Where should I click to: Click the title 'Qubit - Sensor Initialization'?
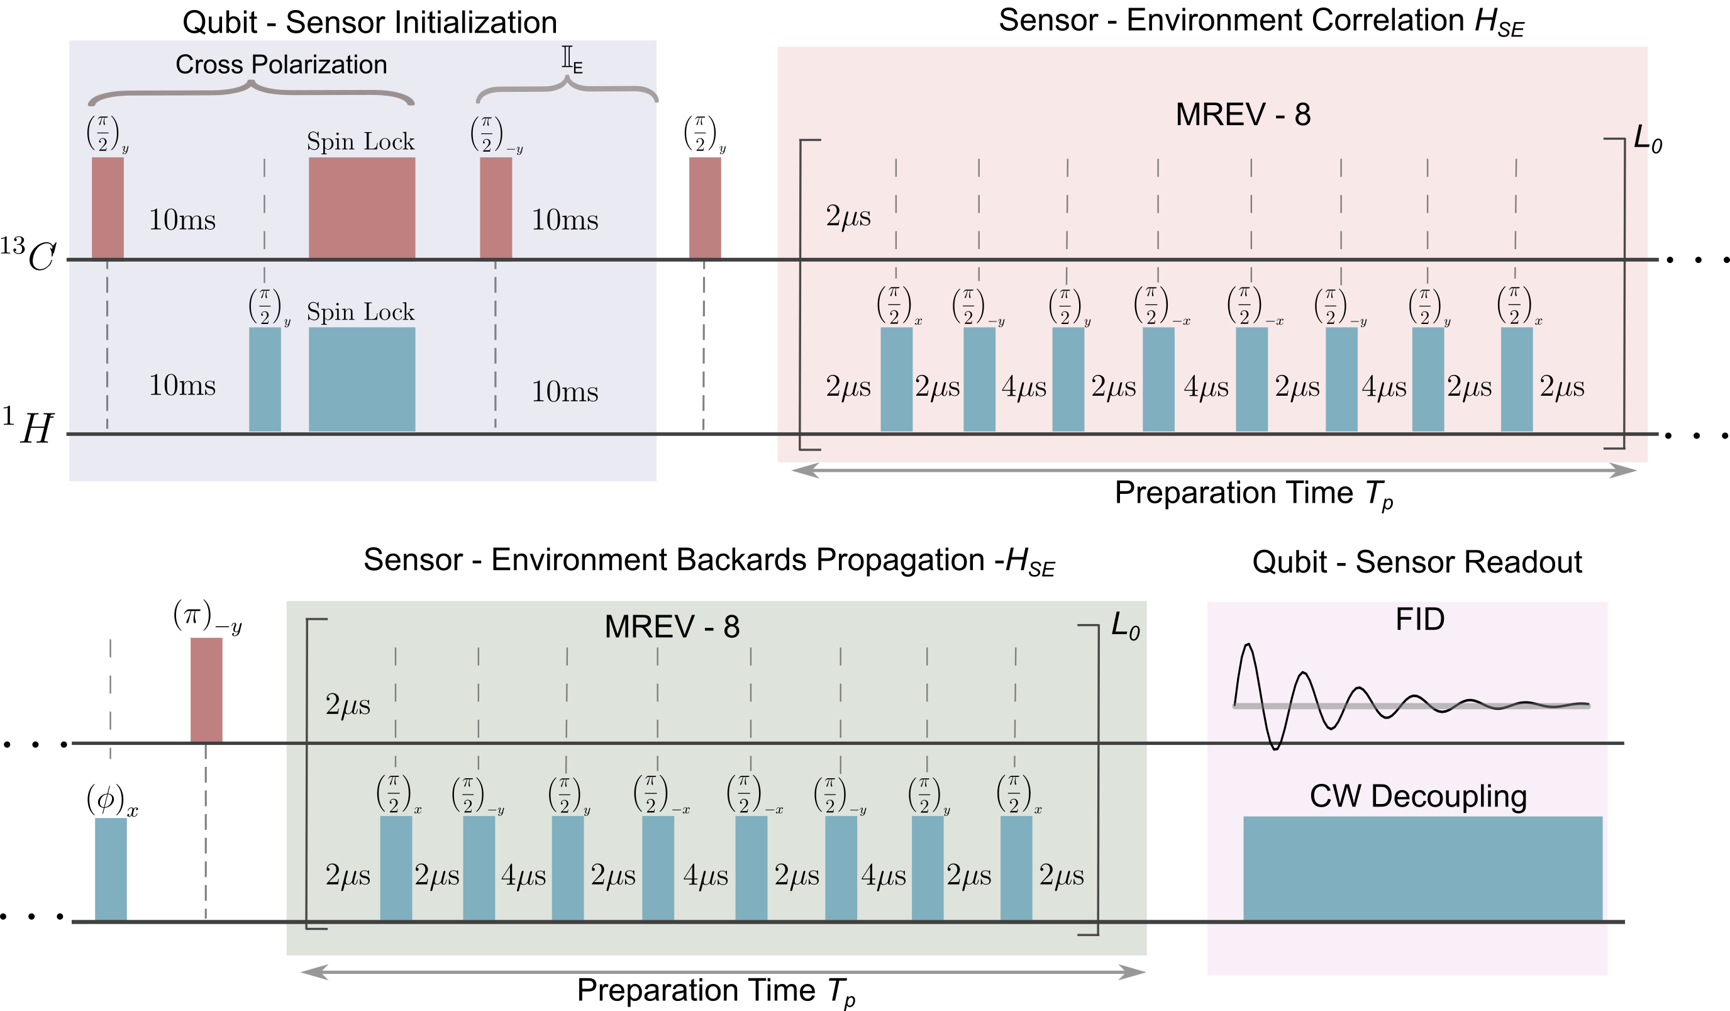(369, 23)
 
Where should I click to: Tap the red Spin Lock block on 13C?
(362, 208)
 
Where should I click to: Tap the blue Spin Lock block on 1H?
(362, 379)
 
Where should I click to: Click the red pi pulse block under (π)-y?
(206, 690)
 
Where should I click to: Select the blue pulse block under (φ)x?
(111, 868)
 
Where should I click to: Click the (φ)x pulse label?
(112, 800)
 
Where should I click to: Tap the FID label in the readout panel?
(1420, 620)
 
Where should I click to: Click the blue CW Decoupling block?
(1422, 868)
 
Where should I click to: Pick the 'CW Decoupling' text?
(1417, 796)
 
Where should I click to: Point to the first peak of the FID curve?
(1248, 645)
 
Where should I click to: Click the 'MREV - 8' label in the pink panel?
(1243, 115)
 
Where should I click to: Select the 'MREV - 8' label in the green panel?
(672, 627)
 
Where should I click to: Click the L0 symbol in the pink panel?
(1647, 140)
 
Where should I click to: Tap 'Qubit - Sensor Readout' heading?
(1416, 562)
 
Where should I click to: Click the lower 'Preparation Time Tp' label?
(716, 991)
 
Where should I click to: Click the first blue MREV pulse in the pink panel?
(896, 379)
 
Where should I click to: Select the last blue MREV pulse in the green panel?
(1016, 868)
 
